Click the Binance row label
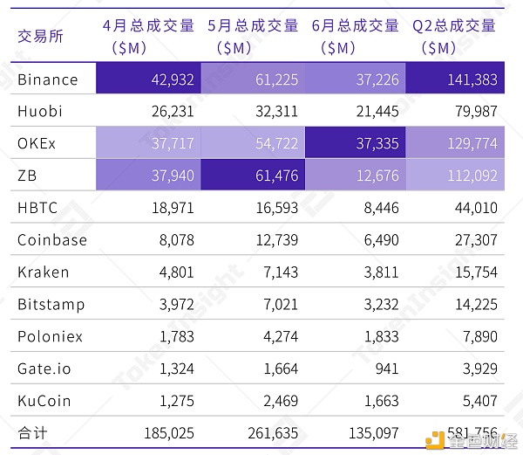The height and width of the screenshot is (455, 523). (x=48, y=79)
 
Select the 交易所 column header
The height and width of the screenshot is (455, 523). (x=40, y=37)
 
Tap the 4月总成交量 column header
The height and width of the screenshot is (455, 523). (x=148, y=37)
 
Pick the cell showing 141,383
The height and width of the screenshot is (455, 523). (x=471, y=79)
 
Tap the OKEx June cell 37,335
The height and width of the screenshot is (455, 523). (x=377, y=143)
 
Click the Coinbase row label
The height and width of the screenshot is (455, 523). (x=52, y=239)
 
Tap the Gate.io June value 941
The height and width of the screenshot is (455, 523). (x=384, y=368)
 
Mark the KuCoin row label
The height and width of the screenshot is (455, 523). (x=44, y=400)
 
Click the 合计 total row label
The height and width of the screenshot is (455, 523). (x=32, y=432)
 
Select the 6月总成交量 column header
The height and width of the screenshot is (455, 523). (x=357, y=37)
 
